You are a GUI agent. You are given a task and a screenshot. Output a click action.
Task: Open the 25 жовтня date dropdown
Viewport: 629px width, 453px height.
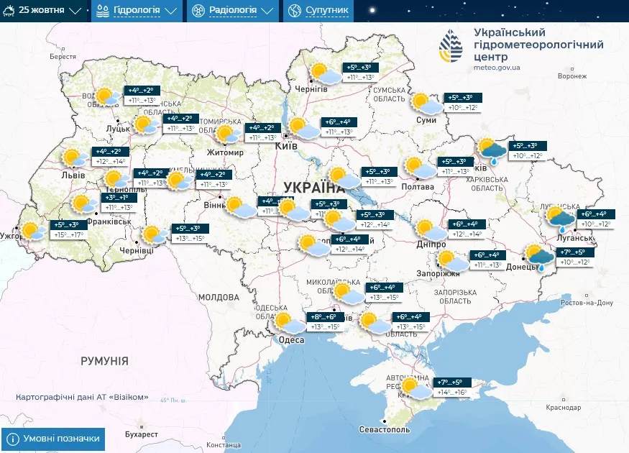(x=44, y=11)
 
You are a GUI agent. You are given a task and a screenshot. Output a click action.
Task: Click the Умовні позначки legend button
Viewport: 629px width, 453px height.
(x=54, y=439)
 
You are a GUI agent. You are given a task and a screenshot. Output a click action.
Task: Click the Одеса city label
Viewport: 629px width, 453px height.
(x=291, y=340)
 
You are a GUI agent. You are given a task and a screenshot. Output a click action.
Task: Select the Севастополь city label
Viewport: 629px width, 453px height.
(x=384, y=429)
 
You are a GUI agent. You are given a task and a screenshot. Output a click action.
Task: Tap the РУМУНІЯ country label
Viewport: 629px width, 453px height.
(x=104, y=361)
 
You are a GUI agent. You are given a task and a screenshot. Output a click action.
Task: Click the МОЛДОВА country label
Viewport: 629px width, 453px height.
(x=219, y=297)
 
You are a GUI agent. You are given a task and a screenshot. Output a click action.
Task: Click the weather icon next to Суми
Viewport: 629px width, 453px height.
(x=426, y=104)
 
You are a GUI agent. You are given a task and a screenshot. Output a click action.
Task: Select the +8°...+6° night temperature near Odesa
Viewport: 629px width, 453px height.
(x=323, y=317)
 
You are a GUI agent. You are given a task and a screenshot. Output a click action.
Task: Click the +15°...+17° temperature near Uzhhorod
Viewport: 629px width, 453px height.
(x=68, y=235)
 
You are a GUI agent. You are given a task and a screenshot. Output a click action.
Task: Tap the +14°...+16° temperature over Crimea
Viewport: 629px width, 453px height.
(x=452, y=393)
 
